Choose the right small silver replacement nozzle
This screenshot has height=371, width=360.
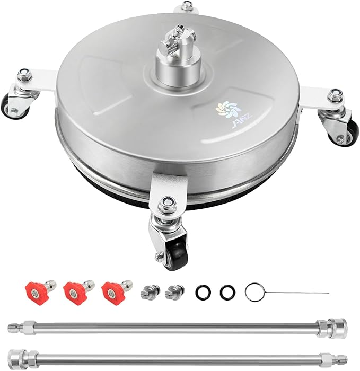pos(174,290)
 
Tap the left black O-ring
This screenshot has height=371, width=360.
pos(203,292)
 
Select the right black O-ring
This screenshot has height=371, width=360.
pos(227,292)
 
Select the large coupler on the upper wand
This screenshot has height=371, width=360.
pos(332,325)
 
